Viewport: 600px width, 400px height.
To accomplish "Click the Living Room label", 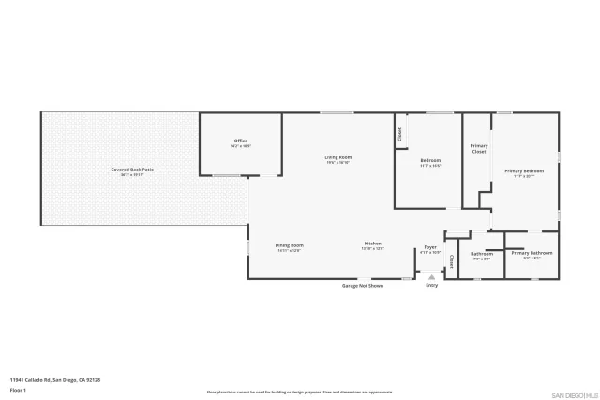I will (337, 156).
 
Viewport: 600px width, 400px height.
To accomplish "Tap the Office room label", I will (240, 142).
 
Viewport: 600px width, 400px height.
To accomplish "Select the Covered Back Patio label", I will (132, 170).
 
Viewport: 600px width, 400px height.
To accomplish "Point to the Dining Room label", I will (290, 245).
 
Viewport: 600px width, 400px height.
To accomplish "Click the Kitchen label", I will (373, 245).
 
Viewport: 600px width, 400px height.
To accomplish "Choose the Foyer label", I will (430, 247).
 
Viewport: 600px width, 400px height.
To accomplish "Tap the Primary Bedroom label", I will (524, 170).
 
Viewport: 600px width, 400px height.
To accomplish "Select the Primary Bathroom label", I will (532, 253).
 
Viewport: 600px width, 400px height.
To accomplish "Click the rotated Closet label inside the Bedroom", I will (400, 134).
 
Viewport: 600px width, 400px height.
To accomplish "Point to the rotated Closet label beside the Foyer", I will (452, 261).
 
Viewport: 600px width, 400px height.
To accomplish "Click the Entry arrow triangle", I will (431, 277).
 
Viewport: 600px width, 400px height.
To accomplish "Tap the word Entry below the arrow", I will (431, 285).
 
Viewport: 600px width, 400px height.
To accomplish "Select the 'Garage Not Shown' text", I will (362, 285).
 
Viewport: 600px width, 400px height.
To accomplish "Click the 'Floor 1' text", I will (18, 389).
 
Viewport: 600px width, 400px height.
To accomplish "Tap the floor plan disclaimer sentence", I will (299, 392).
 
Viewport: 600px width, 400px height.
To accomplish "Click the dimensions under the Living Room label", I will (337, 162).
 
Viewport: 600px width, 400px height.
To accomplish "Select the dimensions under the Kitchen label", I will (373, 250).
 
